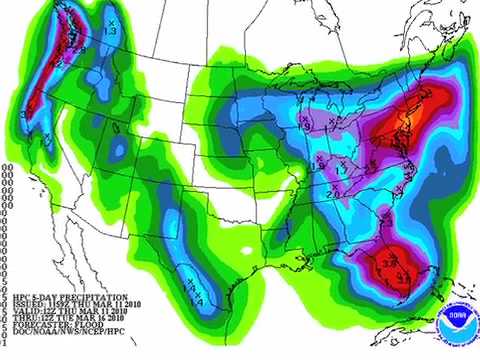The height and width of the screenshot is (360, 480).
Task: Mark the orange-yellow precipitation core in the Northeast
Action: click(402, 124)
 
